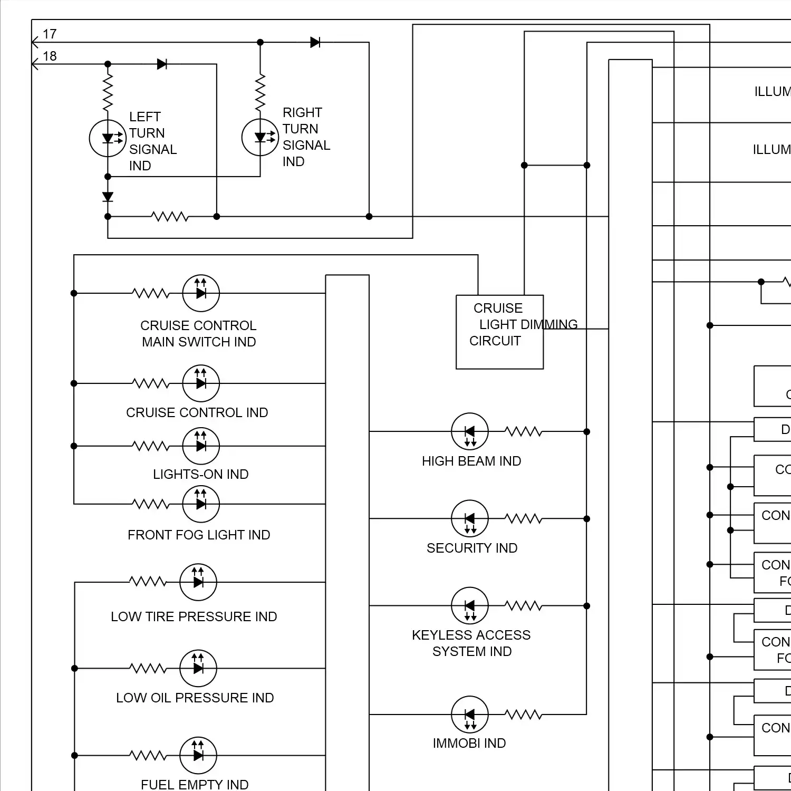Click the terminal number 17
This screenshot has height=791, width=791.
pos(50,34)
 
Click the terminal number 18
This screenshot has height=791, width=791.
pos(50,56)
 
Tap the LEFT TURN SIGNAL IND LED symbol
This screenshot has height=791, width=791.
pos(108,138)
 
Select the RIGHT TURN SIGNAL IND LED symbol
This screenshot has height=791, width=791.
pos(260,137)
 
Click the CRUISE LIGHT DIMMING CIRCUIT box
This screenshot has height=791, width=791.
pos(499,332)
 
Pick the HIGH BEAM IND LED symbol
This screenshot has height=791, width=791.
pos(470,431)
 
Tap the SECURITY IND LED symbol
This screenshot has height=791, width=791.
pos(470,518)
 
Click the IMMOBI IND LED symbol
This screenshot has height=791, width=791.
pos(470,715)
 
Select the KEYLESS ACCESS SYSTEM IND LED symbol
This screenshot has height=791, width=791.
pos(470,605)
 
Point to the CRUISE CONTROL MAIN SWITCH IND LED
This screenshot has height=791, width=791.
pos(201,293)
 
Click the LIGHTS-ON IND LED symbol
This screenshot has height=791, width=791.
pos(201,446)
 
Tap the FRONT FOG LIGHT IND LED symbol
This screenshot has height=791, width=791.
pos(201,504)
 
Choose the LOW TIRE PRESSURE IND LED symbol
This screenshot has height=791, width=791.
pos(198,582)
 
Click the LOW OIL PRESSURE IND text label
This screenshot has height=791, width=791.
pos(195,698)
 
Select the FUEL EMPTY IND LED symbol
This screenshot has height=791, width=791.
pos(198,756)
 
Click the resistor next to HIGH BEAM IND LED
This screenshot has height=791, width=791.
pos(523,432)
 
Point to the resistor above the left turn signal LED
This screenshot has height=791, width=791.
pos(108,92)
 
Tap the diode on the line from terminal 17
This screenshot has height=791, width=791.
pos(315,42)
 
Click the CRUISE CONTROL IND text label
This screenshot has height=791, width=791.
pos(197,412)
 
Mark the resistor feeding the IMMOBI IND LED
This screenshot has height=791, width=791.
pos(523,715)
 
